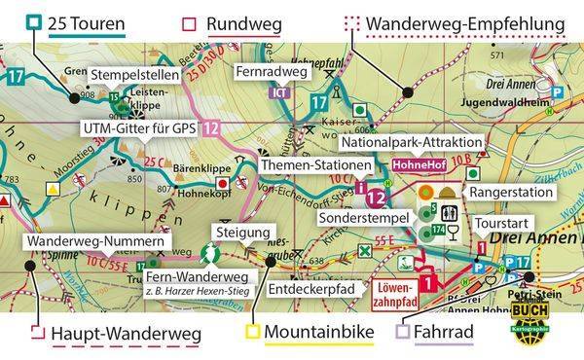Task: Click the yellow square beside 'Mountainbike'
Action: click(x=250, y=335)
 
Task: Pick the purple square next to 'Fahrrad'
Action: click(x=402, y=335)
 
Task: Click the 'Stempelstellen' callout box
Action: click(x=136, y=73)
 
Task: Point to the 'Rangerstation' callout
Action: click(x=509, y=194)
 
